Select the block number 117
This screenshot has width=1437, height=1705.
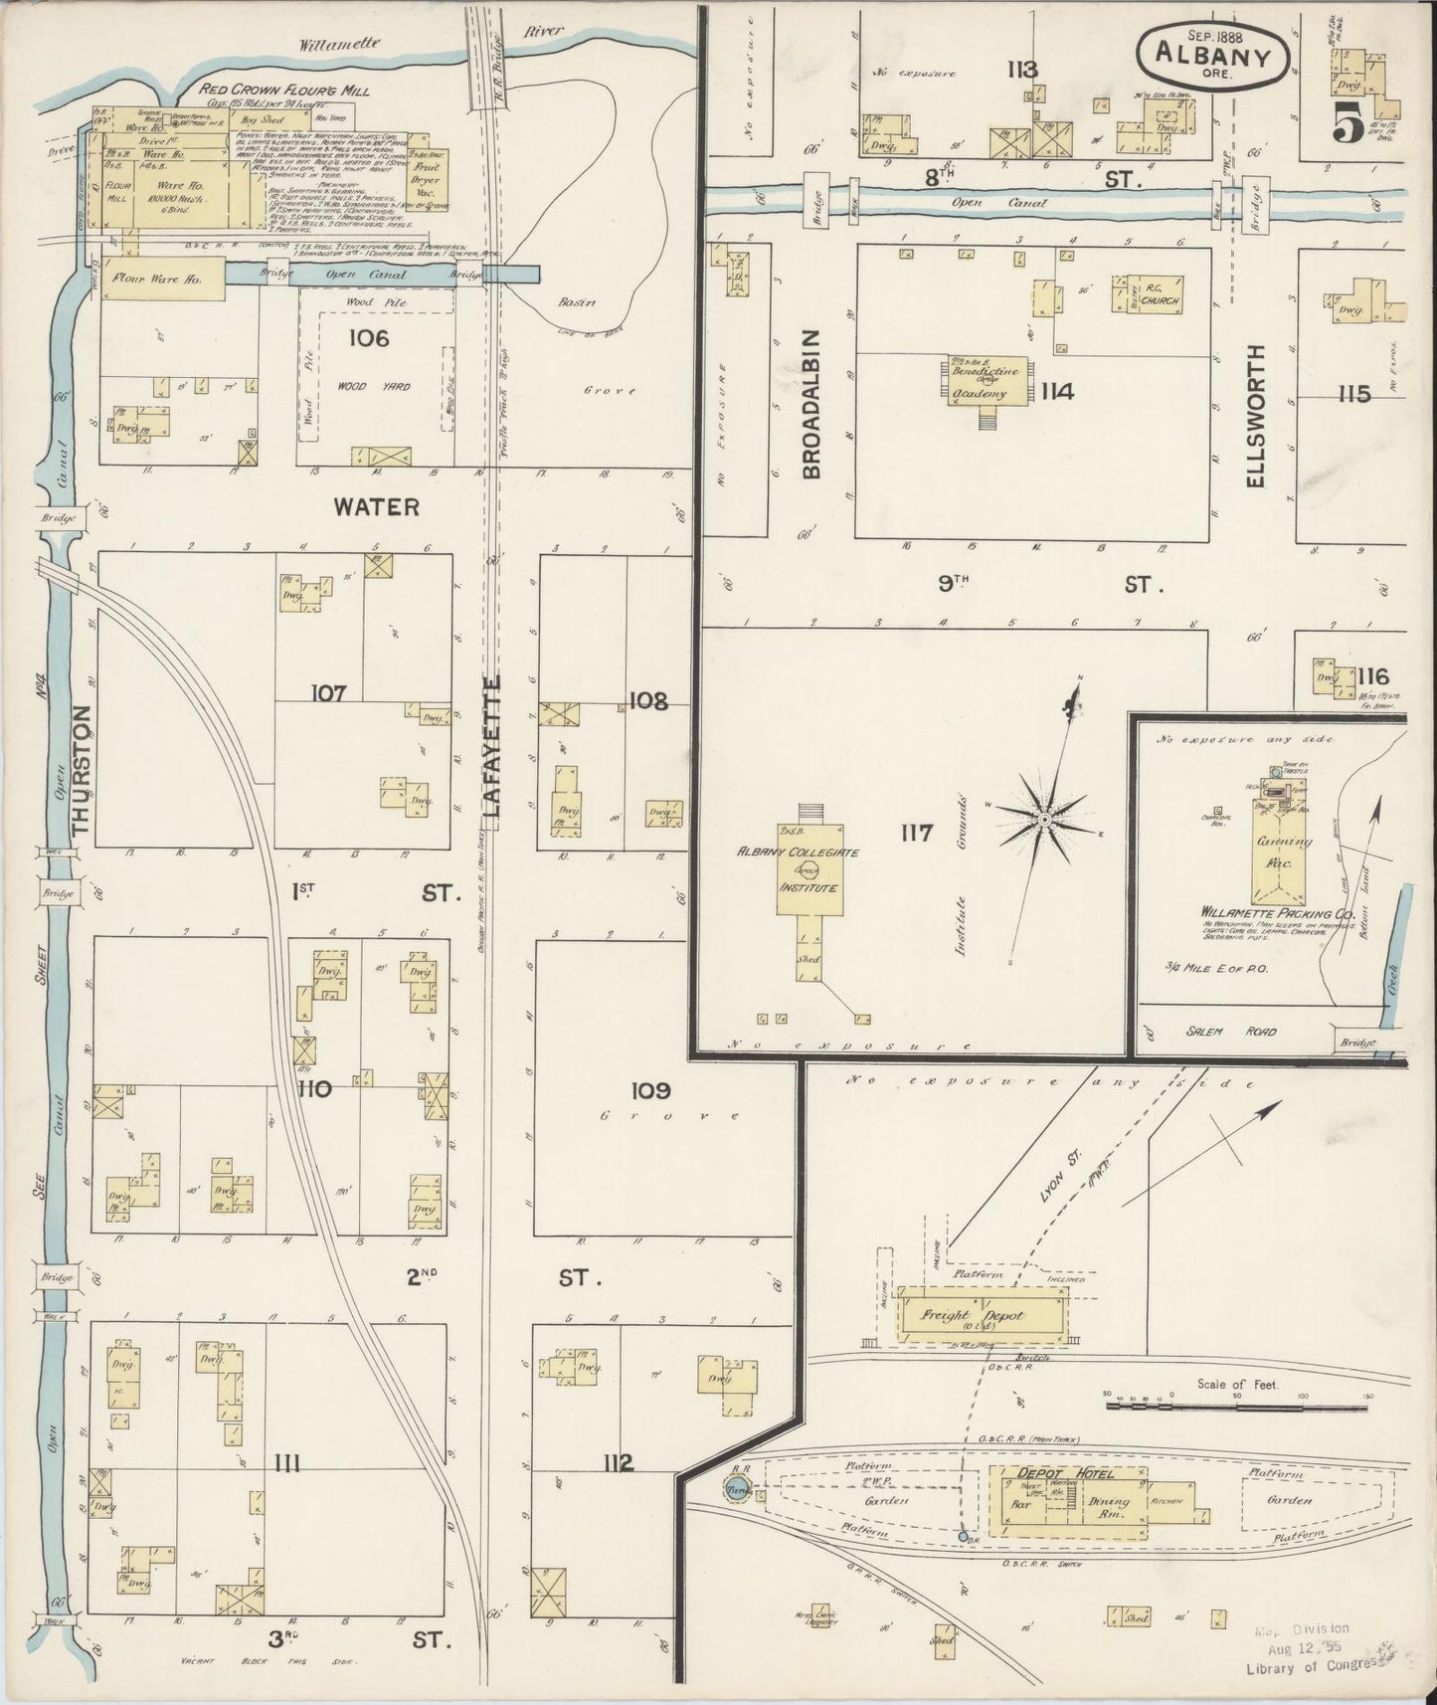pos(915,832)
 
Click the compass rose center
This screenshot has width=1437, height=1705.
pos(1044,819)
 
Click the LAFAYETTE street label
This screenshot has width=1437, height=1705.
pos(495,746)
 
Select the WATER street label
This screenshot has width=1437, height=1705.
pos(376,506)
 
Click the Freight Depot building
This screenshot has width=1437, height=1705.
pos(980,1315)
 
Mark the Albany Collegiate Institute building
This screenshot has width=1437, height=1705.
pos(807,868)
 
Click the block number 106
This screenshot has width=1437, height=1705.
pos(368,338)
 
